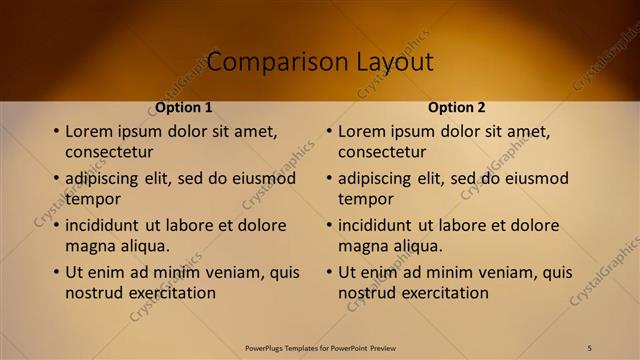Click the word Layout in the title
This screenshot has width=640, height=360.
[x=395, y=62]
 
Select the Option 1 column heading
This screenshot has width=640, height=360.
[x=184, y=107]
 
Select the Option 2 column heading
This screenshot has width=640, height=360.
[x=457, y=107]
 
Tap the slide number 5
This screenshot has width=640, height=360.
[x=590, y=347]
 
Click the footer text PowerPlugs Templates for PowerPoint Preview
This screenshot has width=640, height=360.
[x=320, y=348]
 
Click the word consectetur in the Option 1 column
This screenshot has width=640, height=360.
[x=109, y=152]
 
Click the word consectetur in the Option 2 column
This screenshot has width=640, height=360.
[x=382, y=152]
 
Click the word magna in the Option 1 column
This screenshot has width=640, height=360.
[x=90, y=246]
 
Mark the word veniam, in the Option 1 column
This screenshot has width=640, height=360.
[x=234, y=272]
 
